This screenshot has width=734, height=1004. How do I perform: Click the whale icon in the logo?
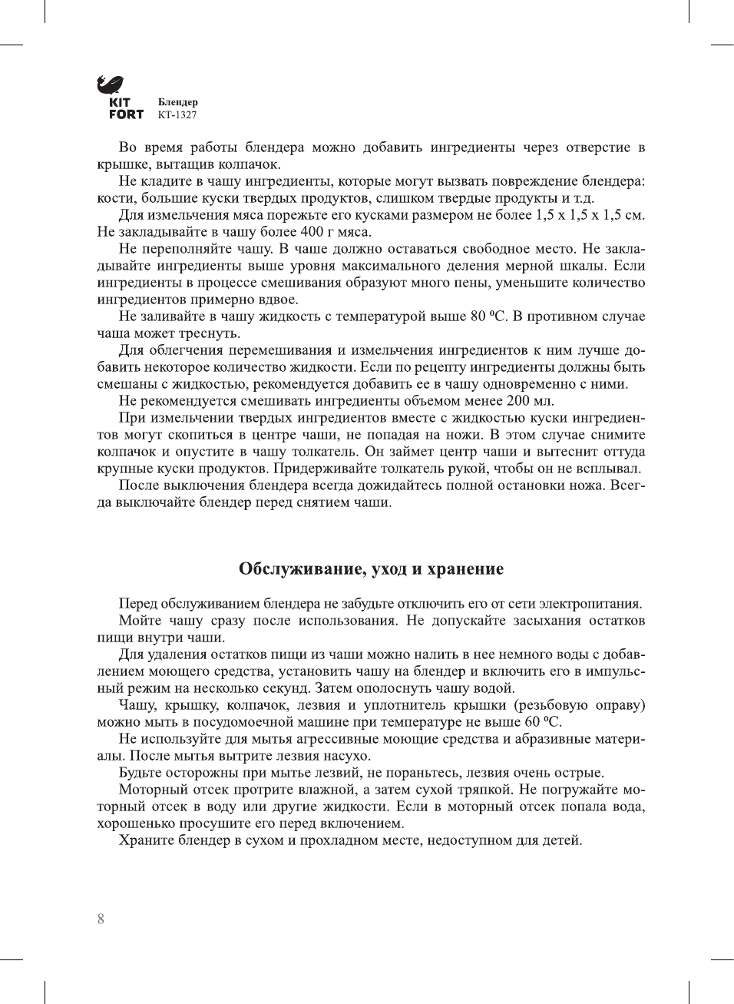[x=111, y=84]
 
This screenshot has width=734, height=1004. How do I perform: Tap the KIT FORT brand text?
[x=126, y=108]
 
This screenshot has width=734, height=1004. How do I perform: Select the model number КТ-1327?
[x=177, y=115]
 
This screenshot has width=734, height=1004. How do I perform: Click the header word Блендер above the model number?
[x=178, y=102]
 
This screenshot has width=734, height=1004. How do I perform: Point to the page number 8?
[x=101, y=919]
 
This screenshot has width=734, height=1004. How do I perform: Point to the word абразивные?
[x=555, y=739]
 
